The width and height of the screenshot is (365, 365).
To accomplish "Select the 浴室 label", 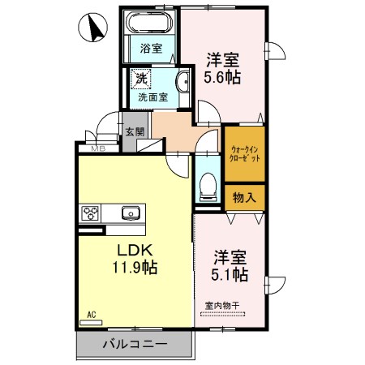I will pos(150,49).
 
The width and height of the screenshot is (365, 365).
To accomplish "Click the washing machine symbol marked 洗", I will pos(140,79).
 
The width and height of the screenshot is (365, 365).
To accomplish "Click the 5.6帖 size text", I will pos(221,78).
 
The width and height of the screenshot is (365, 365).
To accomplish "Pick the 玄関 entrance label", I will pos(134,132).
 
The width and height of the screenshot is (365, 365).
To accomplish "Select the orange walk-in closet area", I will pos(244,154).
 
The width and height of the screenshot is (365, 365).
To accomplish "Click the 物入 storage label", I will pos(244,197).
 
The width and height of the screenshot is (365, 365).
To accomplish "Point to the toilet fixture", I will pos(207,186).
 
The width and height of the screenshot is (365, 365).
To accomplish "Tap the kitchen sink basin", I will pos(130,213).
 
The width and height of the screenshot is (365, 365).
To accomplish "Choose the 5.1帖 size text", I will pos(230,275).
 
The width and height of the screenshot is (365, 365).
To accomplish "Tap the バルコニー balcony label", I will pos(135,345).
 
